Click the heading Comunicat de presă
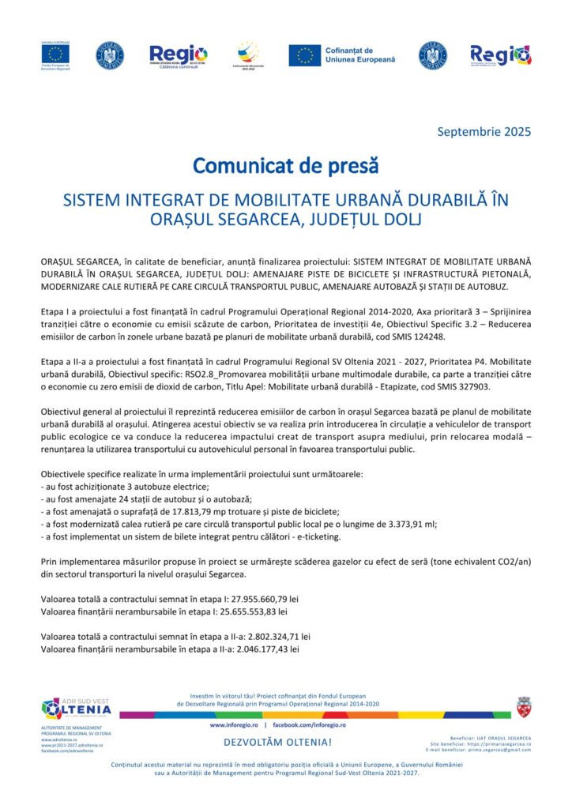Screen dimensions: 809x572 (x=286, y=167)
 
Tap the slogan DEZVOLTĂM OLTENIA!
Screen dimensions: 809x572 (x=278, y=743)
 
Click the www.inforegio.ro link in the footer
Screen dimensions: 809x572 (x=234, y=724)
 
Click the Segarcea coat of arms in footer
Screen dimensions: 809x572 (x=523, y=706)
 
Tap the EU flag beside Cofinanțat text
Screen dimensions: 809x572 (x=304, y=55)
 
